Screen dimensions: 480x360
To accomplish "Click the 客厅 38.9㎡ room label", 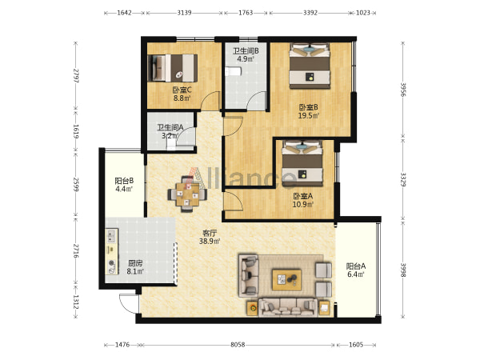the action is (210, 238).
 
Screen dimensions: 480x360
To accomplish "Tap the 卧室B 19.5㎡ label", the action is (309, 111).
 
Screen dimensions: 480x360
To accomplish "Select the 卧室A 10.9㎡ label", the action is (302, 200).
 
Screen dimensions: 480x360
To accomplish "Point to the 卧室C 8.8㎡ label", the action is (182, 94).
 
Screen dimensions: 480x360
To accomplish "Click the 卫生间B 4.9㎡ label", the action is (246, 54).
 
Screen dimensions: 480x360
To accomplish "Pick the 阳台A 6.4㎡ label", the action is (356, 270).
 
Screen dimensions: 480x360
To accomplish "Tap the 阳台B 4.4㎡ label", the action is (124, 185).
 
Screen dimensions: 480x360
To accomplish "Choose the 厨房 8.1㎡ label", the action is (135, 267).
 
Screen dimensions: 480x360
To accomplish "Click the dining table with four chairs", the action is (187, 194).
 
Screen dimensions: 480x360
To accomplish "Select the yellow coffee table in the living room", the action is (287, 279).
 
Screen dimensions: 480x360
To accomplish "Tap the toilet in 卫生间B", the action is (234, 72).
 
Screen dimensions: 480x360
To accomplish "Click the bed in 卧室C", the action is (172, 68).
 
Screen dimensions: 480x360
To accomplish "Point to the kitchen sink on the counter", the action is (112, 235).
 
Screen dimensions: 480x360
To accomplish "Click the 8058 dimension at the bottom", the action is (238, 345).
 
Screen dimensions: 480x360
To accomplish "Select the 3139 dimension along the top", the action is (184, 13).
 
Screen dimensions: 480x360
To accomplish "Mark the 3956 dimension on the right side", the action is (403, 90).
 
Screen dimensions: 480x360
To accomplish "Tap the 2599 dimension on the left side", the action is (76, 184).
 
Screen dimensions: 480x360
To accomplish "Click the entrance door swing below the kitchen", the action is (129, 304).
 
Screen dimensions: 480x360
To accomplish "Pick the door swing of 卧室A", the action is (234, 201).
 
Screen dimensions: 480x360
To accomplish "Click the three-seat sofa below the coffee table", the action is (288, 307).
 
